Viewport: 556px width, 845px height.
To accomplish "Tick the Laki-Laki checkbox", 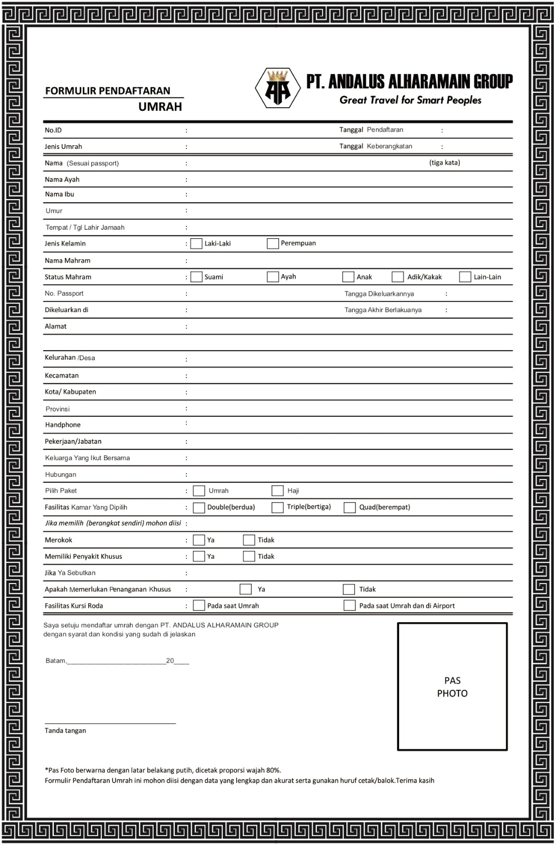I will pyautogui.click(x=196, y=243).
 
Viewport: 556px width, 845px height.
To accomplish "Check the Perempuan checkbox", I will pyautogui.click(x=272, y=243).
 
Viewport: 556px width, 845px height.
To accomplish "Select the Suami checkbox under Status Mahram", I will pyautogui.click(x=196, y=277).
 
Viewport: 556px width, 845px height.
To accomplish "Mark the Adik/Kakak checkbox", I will pyautogui.click(x=398, y=277).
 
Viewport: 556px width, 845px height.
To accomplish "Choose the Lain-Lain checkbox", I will pyautogui.click(x=465, y=277).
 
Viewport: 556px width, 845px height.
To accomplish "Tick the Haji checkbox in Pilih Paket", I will pyautogui.click(x=277, y=491).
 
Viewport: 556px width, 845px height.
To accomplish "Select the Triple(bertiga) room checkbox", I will pyautogui.click(x=277, y=507).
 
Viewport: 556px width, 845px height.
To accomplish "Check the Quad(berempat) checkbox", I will pyautogui.click(x=350, y=507).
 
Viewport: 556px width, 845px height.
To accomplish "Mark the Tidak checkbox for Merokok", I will pyautogui.click(x=249, y=540).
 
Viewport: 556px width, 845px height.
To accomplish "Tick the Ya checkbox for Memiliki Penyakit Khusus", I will pyautogui.click(x=199, y=556).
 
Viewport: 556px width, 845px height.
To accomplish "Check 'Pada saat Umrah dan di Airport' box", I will pyautogui.click(x=350, y=605).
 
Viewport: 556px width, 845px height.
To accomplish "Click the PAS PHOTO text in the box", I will pyautogui.click(x=452, y=687).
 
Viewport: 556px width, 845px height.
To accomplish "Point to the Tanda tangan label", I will pyautogui.click(x=65, y=730).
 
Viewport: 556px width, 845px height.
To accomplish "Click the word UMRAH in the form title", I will pyautogui.click(x=160, y=107).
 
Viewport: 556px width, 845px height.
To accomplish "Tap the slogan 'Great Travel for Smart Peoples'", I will pyautogui.click(x=410, y=100).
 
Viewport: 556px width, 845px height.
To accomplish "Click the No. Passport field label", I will pyautogui.click(x=64, y=293).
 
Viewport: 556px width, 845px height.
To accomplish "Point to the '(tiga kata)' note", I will pyautogui.click(x=445, y=163).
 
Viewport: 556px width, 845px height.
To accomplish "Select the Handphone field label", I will pyautogui.click(x=63, y=425).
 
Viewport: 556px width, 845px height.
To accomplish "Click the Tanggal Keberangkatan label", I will pyautogui.click(x=375, y=146).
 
